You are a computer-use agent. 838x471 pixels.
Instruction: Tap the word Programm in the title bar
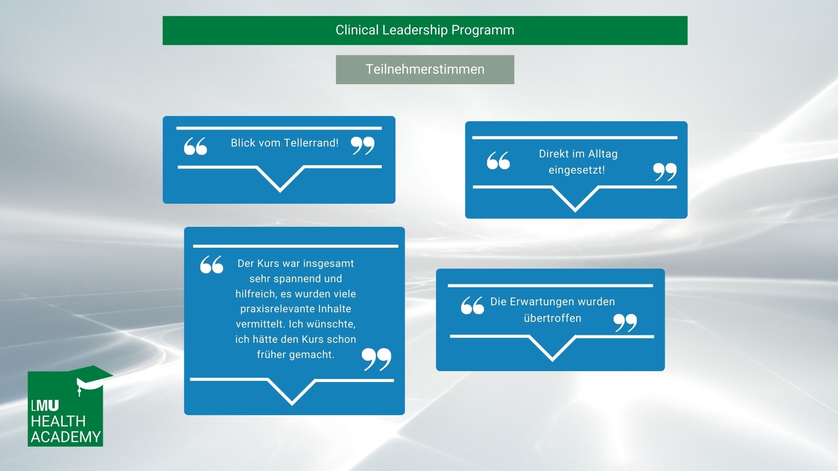(483, 31)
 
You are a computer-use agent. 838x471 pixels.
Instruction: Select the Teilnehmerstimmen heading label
(425, 69)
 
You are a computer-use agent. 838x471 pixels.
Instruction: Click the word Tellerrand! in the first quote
(311, 143)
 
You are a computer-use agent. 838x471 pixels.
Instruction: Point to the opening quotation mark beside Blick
(195, 146)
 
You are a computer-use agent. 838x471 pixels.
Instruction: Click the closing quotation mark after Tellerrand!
(363, 145)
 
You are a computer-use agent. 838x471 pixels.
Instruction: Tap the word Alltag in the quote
(603, 154)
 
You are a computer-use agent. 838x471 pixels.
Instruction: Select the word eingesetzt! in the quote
(577, 170)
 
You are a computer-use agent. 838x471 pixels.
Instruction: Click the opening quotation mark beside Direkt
(498, 160)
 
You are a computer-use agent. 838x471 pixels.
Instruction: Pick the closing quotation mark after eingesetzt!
(665, 172)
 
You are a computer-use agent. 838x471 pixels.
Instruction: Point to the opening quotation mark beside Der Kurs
(212, 264)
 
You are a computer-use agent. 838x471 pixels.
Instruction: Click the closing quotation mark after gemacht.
(376, 359)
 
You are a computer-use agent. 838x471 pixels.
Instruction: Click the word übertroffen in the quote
(553, 318)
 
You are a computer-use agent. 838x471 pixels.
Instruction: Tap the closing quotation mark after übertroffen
(625, 323)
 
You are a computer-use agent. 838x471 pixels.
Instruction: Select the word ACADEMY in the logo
(66, 437)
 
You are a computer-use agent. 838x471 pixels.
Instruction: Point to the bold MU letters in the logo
(47, 406)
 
